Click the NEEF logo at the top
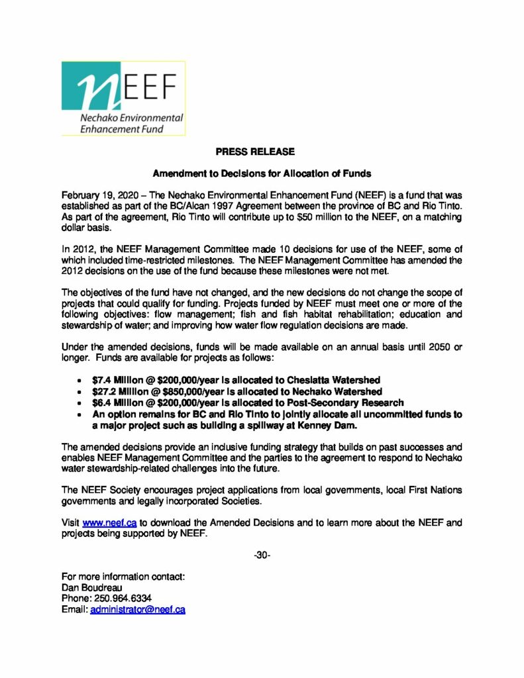click(x=123, y=98)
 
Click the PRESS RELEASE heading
click(x=255, y=152)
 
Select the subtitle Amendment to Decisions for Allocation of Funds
click(x=262, y=173)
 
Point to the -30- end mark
click(x=262, y=554)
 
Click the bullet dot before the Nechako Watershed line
click(x=80, y=391)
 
